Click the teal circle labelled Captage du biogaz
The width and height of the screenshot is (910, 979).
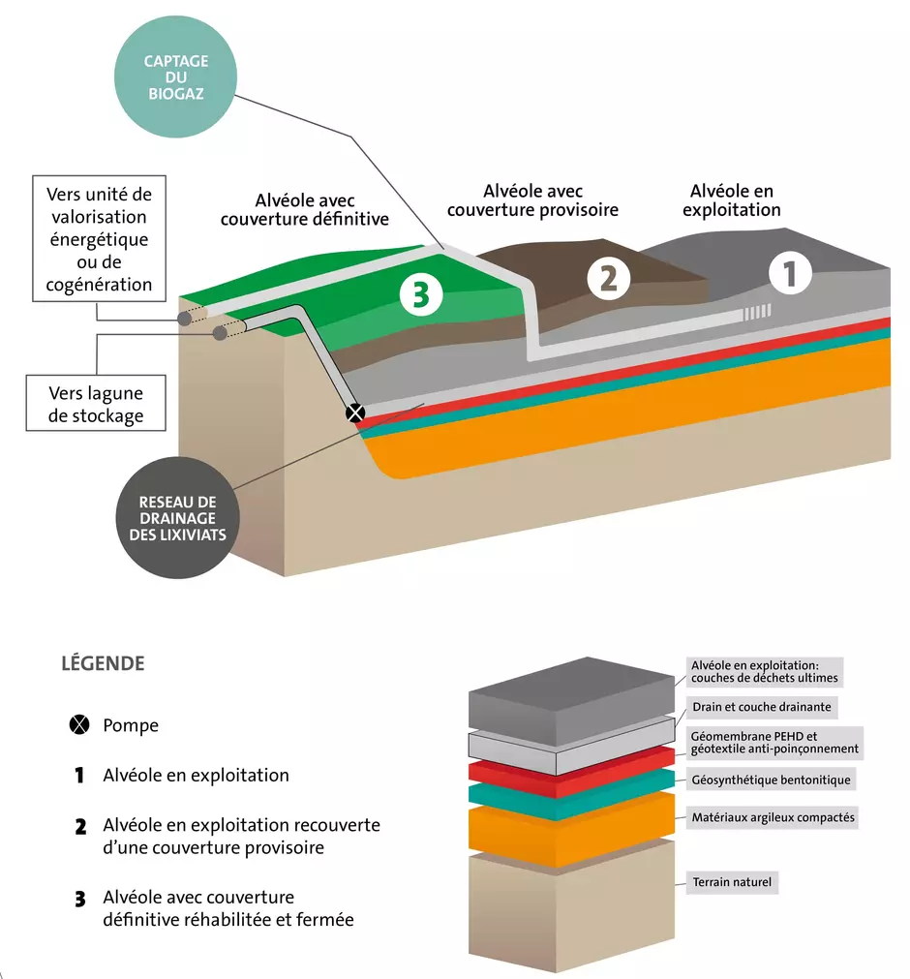click(x=175, y=76)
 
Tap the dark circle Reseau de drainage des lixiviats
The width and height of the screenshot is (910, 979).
click(x=178, y=518)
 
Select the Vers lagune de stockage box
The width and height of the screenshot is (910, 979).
click(x=96, y=404)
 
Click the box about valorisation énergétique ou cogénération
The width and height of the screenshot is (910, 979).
click(x=100, y=238)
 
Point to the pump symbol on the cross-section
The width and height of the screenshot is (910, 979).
click(x=355, y=413)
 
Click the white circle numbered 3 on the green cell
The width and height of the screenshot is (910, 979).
click(x=421, y=294)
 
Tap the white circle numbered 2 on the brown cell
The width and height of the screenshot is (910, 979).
click(x=609, y=278)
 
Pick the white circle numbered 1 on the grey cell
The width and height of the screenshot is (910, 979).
click(x=790, y=273)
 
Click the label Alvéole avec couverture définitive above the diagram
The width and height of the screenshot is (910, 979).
click(x=305, y=210)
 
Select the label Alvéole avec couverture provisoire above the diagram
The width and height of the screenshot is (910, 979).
click(x=532, y=200)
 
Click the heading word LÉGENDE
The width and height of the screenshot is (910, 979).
click(x=103, y=663)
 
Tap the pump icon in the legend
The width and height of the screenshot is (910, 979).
click(x=79, y=724)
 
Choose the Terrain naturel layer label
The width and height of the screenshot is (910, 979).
click(x=732, y=882)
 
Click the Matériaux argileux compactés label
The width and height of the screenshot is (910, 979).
click(x=773, y=817)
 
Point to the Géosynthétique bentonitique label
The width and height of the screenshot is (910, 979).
click(x=771, y=780)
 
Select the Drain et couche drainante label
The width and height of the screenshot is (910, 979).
click(x=762, y=707)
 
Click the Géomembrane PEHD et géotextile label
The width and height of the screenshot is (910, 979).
click(x=774, y=743)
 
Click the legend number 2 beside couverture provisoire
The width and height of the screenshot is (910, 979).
click(x=80, y=827)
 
